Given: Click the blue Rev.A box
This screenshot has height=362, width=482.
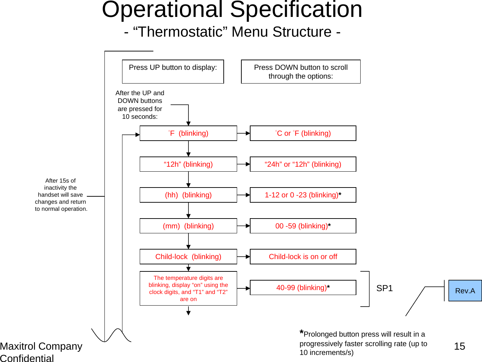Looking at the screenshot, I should click(x=465, y=290).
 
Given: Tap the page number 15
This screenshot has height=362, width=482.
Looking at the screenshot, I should click(x=459, y=346).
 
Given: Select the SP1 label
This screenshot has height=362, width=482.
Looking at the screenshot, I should click(x=384, y=288).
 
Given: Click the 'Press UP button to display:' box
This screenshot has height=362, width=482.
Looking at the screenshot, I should click(x=173, y=72).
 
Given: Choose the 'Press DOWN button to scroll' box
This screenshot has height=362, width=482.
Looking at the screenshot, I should click(x=301, y=72).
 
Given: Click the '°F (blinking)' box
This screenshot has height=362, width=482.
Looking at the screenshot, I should click(x=188, y=133).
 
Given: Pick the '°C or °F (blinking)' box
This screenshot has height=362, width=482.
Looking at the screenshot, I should click(x=303, y=133).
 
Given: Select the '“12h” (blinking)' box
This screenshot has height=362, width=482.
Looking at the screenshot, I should click(x=188, y=164).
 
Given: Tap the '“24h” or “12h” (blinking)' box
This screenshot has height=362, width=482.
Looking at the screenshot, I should click(x=303, y=164).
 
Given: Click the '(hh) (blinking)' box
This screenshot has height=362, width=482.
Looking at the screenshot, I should click(x=188, y=195).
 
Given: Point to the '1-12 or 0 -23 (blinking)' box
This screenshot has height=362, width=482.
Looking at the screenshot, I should click(x=303, y=195).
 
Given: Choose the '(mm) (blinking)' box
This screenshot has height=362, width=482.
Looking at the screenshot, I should click(x=188, y=226).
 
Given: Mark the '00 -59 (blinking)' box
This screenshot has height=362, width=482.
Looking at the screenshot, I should click(x=303, y=226).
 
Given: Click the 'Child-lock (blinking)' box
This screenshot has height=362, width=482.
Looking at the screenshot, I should click(x=188, y=257).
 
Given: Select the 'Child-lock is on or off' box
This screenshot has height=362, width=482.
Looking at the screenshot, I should click(x=303, y=257).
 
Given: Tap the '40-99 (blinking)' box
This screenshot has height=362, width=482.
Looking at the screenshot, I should click(x=303, y=288).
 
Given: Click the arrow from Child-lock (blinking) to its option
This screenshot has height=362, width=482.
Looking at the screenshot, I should click(x=243, y=257).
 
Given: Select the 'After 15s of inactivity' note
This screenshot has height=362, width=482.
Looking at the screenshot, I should click(x=61, y=195).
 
